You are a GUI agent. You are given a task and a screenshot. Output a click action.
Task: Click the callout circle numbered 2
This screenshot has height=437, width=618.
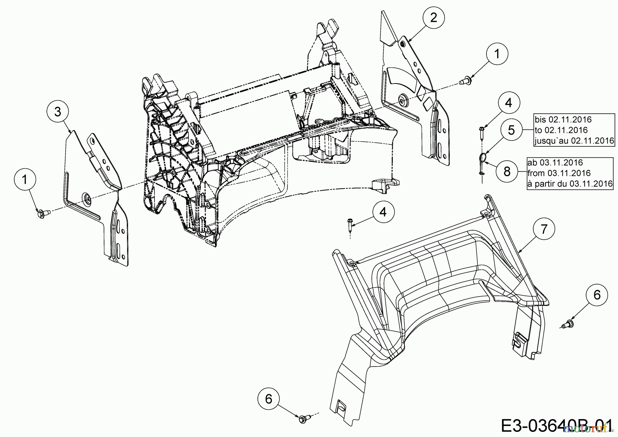434,18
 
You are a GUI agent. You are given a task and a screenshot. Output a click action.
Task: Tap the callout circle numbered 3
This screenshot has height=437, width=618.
58,112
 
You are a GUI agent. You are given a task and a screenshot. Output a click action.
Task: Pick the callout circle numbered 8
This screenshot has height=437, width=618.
507,171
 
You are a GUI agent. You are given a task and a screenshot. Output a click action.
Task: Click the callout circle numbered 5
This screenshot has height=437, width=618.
511,130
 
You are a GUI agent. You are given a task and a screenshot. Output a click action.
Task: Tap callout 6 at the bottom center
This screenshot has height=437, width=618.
268,399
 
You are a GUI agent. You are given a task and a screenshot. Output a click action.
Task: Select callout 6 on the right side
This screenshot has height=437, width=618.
597,295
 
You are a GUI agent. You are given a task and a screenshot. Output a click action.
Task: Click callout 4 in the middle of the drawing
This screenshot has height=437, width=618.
383,212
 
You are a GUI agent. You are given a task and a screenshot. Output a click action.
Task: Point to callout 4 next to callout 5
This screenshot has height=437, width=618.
508,103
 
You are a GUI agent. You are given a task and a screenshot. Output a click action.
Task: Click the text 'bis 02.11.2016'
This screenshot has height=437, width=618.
563,120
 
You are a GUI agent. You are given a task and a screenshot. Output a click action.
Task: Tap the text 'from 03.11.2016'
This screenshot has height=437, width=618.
559,173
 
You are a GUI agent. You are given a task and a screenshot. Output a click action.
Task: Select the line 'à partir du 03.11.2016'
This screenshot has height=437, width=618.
570,183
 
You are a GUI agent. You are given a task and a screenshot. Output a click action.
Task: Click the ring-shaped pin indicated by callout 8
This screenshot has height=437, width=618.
481,159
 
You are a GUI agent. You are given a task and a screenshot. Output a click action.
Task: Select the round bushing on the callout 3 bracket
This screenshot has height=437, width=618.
86,198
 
